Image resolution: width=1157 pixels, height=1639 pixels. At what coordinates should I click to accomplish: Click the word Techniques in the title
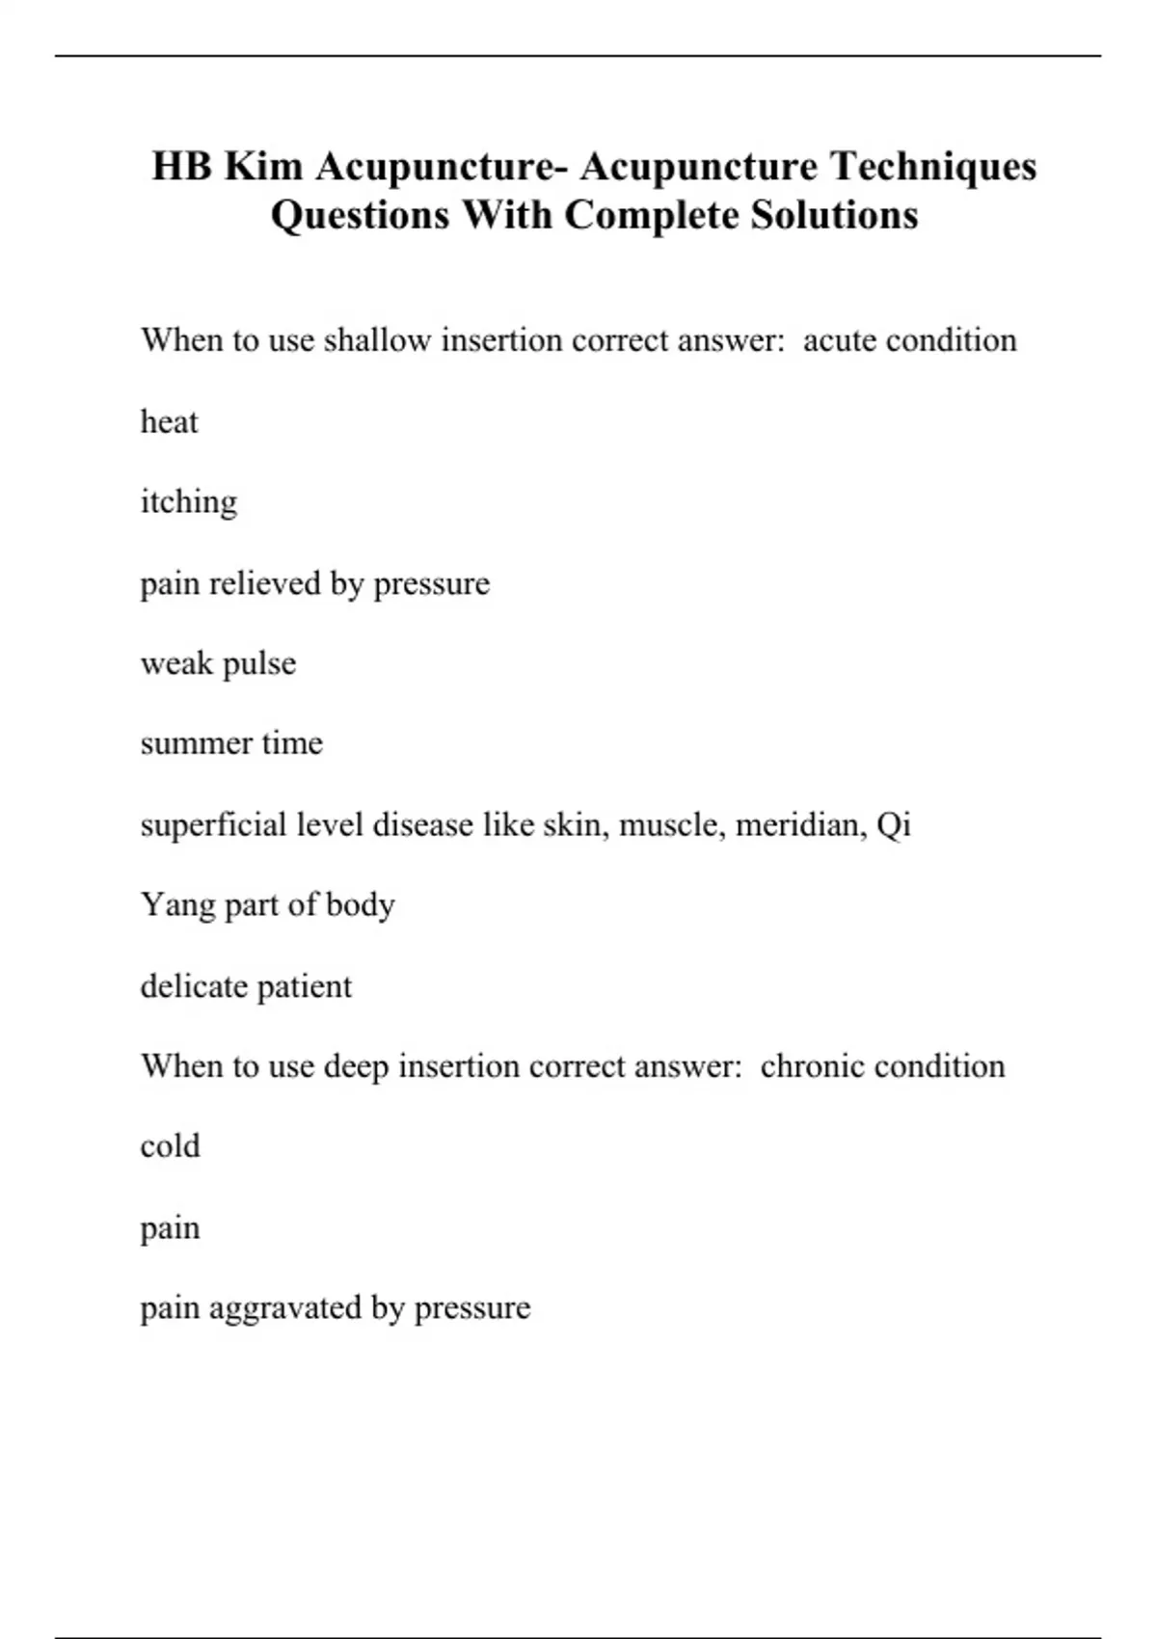pos(933,167)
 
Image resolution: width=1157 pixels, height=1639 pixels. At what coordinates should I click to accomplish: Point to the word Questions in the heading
pos(360,216)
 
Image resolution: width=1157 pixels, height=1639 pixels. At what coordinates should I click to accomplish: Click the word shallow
pos(377,340)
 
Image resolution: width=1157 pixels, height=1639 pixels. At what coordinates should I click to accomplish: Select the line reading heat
pos(170,422)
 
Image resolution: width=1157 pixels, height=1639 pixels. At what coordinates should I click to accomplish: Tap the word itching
pos(189,502)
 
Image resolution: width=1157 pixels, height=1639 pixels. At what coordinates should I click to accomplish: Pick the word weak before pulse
pos(176,663)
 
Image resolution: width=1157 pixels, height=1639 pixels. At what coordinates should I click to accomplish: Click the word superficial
pos(213,825)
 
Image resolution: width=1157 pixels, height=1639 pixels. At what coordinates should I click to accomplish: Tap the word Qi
pos(894,826)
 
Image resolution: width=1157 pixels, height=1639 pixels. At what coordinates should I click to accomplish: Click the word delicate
pos(189,986)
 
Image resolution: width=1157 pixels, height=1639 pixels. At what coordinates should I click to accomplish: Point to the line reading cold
pos(170,1146)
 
